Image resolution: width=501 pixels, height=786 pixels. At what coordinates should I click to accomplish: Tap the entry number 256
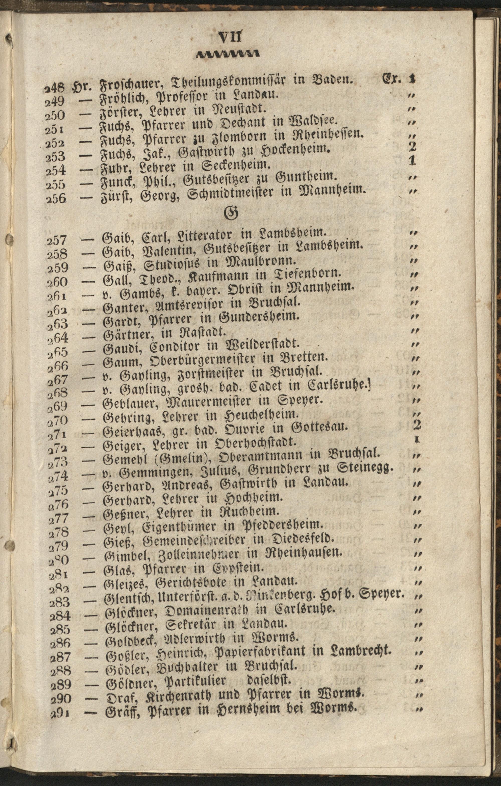tap(56, 198)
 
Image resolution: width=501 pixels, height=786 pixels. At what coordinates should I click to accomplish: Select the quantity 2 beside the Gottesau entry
tap(417, 424)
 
